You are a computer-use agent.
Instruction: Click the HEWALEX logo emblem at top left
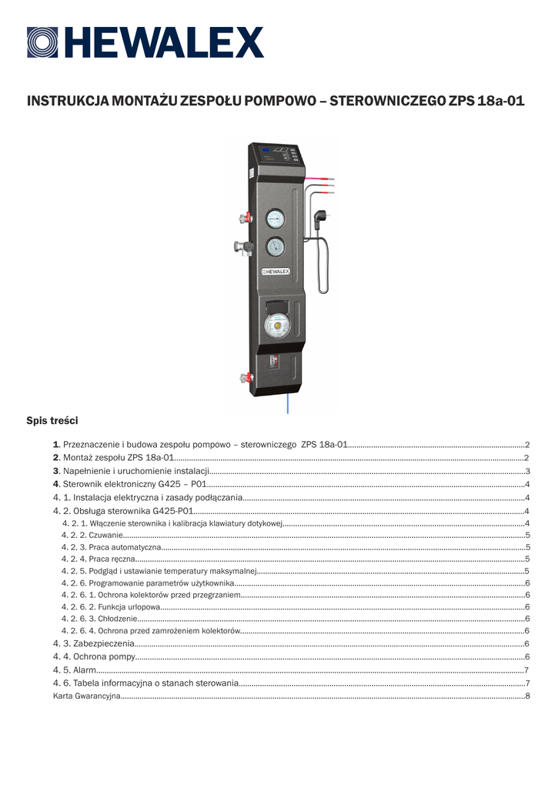pos(42,42)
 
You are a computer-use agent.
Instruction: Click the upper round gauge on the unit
pos(274,219)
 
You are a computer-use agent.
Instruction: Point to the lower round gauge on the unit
pos(274,247)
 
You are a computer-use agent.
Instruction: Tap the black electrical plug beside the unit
pos(321,218)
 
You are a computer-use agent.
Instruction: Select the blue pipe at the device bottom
pos(287,402)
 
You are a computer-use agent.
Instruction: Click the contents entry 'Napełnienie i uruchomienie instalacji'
pos(135,470)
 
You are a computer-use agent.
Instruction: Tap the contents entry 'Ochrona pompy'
pos(95,656)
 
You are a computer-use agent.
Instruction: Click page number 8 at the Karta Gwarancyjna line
pos(527,696)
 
